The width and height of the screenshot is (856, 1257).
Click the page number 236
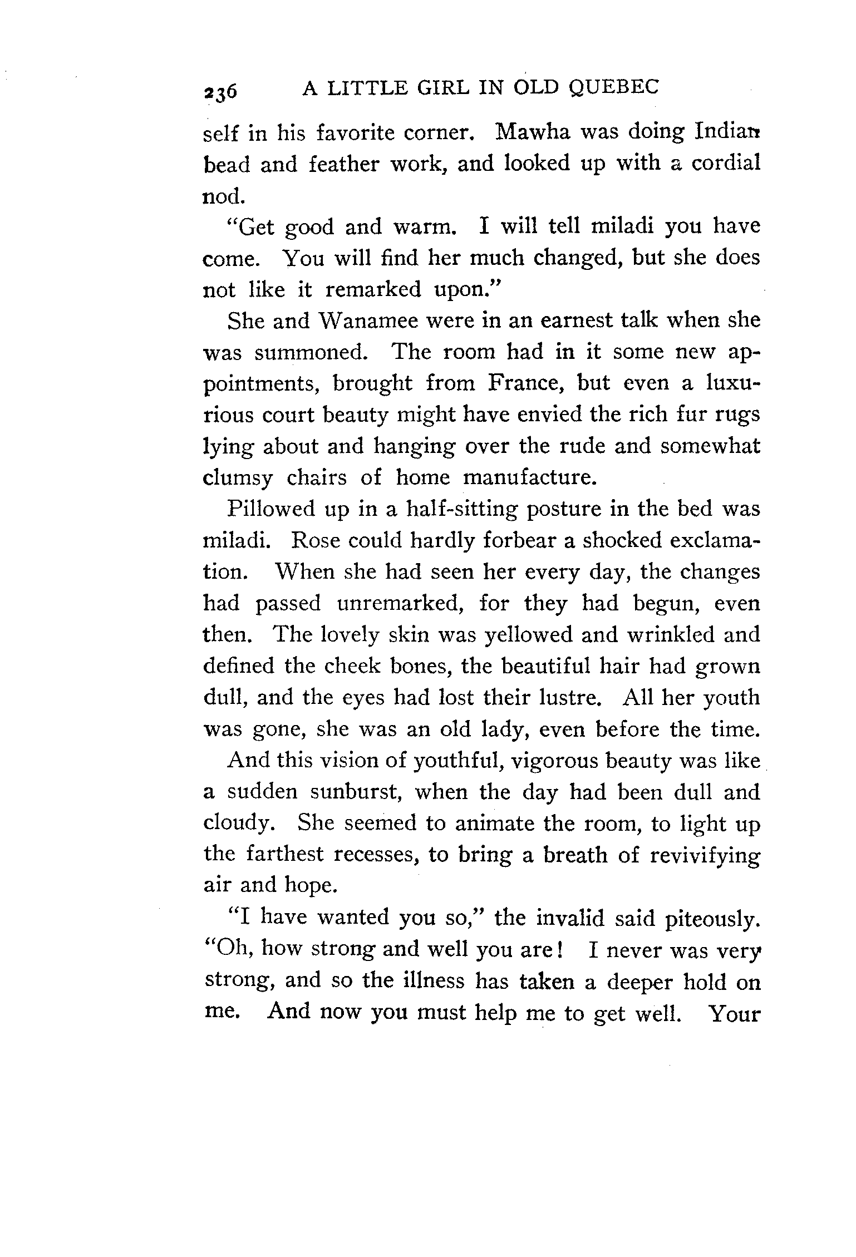(x=220, y=91)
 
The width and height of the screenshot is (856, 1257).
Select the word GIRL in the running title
(x=434, y=88)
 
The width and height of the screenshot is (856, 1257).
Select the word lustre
(x=565, y=698)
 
